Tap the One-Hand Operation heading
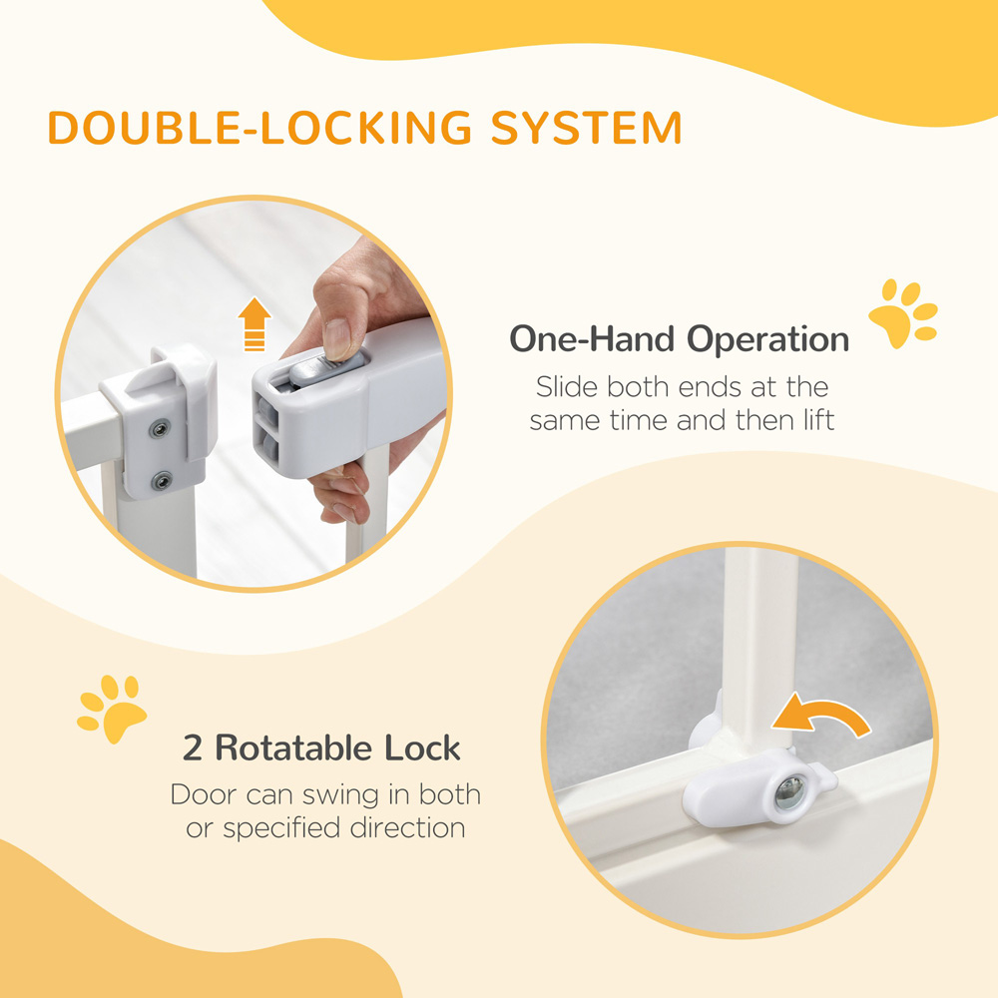(x=679, y=339)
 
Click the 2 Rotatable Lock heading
(x=321, y=748)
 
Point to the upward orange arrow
(x=254, y=325)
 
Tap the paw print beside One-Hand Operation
(x=902, y=314)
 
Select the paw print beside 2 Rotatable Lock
(x=112, y=708)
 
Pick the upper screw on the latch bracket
(x=160, y=429)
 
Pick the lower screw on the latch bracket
(x=161, y=482)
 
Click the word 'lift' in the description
(x=813, y=420)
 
